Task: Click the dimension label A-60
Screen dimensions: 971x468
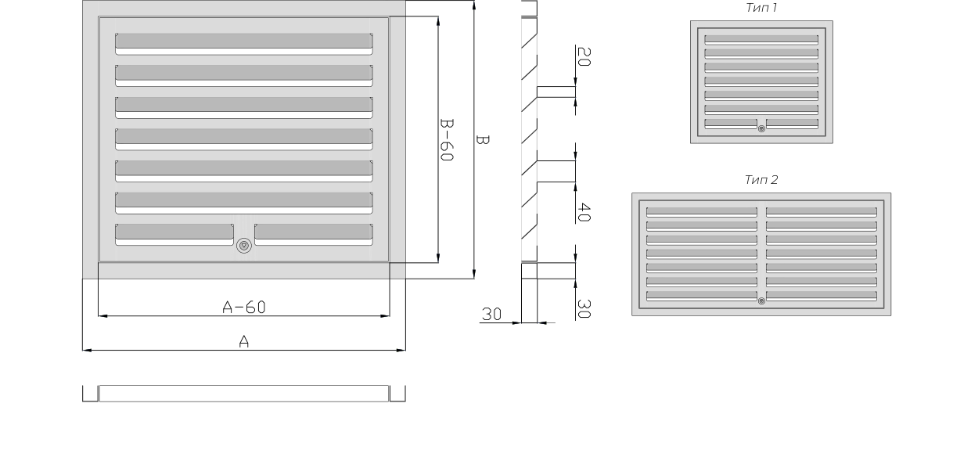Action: click(243, 307)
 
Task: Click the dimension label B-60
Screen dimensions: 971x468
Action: click(447, 139)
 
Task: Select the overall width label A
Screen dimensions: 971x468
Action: click(243, 342)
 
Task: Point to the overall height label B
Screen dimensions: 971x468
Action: click(483, 139)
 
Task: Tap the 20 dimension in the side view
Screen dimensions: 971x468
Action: click(584, 57)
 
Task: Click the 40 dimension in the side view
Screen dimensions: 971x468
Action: click(584, 212)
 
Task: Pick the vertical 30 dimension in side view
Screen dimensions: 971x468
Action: click(584, 308)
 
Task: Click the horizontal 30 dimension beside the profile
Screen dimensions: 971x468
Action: click(491, 314)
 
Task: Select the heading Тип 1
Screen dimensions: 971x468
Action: click(761, 7)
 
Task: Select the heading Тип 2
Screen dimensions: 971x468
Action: click(761, 179)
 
